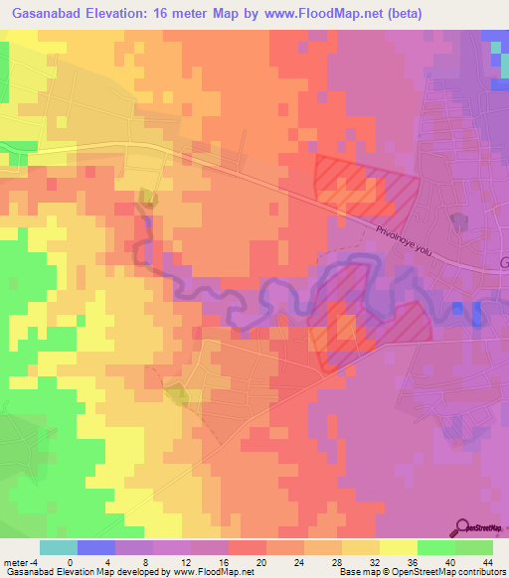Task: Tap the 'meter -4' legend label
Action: [22, 562]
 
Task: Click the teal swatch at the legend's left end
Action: [59, 547]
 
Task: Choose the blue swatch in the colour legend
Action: [96, 547]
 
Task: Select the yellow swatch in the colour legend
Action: [399, 547]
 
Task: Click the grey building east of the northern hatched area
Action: [457, 220]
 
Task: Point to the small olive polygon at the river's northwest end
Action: [148, 198]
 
